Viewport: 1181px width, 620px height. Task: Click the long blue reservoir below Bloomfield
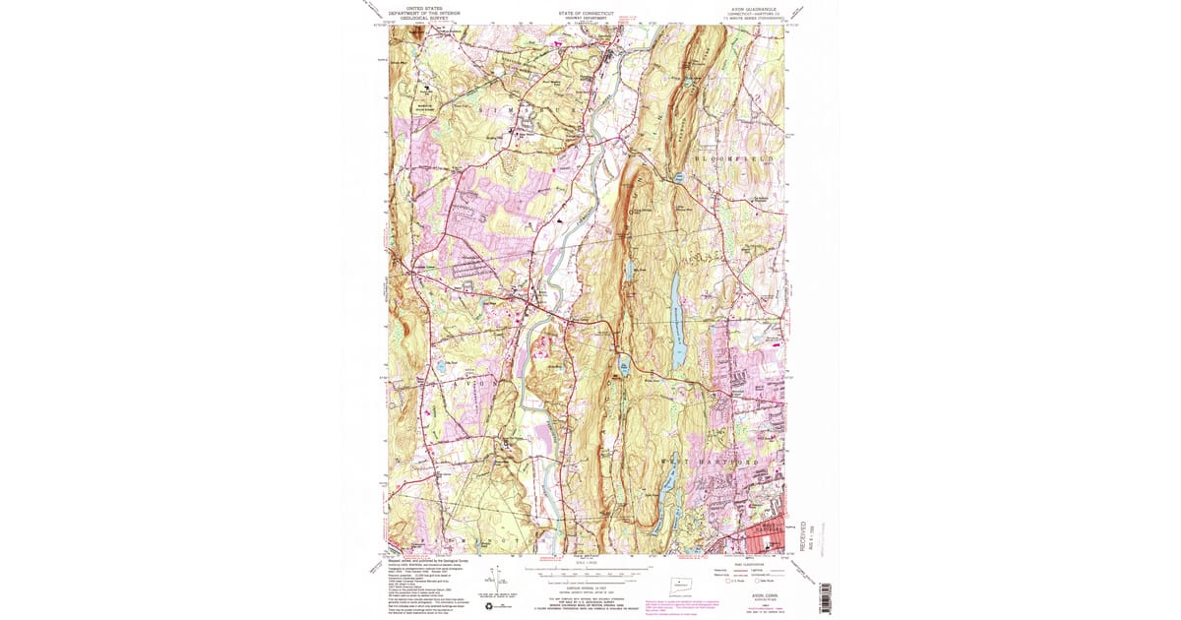[676, 320]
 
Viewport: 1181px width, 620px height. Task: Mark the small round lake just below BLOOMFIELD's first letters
[679, 178]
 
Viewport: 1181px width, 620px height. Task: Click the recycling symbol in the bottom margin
[488, 606]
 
